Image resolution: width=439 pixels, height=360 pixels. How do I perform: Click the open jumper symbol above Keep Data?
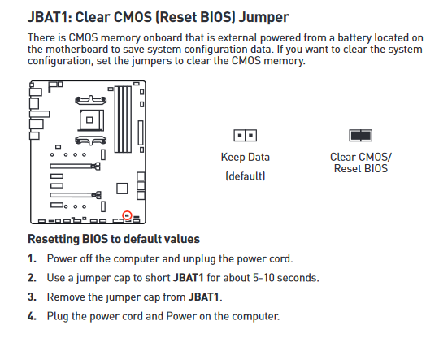click(x=245, y=136)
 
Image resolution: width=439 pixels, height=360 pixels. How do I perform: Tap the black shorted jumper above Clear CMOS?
click(x=361, y=136)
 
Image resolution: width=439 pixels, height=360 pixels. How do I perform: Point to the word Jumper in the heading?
click(x=263, y=17)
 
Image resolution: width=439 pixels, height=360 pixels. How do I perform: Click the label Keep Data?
click(x=246, y=157)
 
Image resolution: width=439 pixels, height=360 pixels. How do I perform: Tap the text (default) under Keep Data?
click(x=246, y=176)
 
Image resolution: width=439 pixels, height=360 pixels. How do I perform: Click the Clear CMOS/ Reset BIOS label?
click(x=361, y=163)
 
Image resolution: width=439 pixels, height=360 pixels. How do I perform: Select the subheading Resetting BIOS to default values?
click(x=114, y=239)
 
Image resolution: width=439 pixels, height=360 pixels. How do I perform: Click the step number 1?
click(x=32, y=258)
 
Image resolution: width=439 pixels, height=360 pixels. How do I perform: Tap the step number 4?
click(x=32, y=316)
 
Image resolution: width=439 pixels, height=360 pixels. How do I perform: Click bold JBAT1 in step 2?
click(x=189, y=278)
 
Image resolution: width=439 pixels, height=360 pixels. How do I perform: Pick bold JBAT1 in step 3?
click(x=203, y=297)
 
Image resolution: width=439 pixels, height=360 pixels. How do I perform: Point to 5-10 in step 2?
click(x=263, y=278)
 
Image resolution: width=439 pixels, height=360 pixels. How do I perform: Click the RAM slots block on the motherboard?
click(x=123, y=119)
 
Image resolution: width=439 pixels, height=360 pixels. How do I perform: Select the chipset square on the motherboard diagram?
click(x=122, y=189)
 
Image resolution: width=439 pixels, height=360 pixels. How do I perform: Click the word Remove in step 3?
click(x=66, y=297)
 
